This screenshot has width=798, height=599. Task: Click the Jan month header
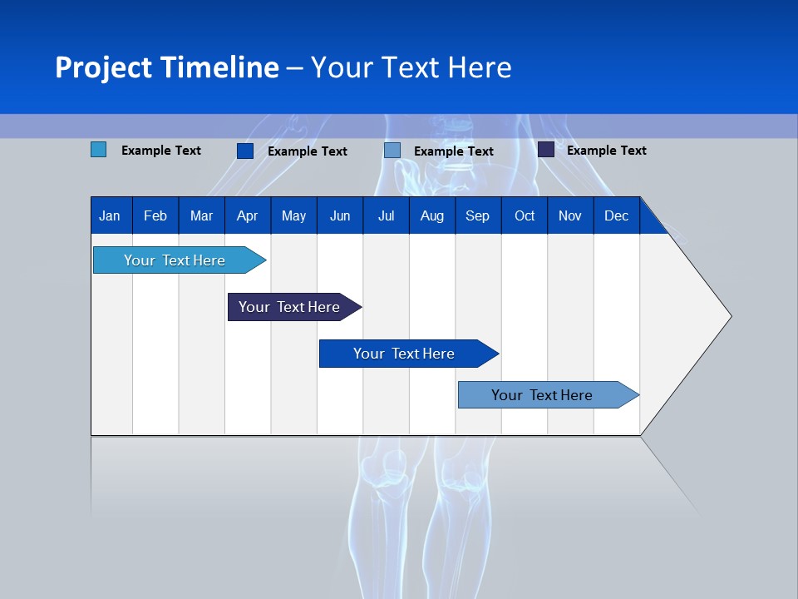110,215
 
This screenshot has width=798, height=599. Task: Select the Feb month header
155,215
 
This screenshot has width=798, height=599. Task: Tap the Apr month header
247,215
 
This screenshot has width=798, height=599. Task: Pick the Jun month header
340,215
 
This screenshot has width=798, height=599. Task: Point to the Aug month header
431,215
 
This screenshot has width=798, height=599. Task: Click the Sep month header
477,215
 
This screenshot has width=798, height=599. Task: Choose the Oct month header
525,215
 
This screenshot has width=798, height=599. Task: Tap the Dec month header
616,215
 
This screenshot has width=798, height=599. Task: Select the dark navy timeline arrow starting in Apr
290,307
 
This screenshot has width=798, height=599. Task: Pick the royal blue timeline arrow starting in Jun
405,354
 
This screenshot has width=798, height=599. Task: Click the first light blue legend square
98,150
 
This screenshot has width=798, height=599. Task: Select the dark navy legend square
545,150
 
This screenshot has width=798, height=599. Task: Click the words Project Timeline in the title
166,67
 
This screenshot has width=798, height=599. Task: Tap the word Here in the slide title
480,67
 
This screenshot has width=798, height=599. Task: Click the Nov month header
570,215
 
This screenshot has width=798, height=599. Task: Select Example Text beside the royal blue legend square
307,151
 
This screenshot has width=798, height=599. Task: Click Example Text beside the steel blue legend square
453,151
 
